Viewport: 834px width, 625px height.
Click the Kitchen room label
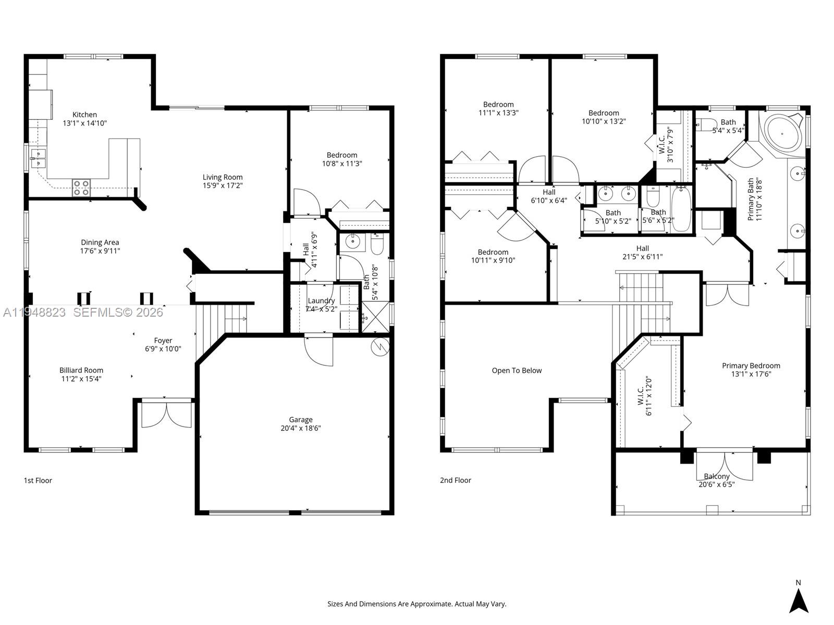coord(84,115)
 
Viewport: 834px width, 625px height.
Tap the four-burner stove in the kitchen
coord(81,187)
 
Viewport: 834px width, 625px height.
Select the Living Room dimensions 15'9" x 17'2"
coord(223,185)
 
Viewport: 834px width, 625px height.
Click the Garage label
coord(301,420)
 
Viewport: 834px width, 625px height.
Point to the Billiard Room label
coord(81,370)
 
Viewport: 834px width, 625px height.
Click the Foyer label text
coord(163,341)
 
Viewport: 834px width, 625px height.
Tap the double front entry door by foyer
coord(167,415)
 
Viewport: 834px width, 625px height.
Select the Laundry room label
coord(321,301)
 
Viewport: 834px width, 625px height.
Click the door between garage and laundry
coord(318,351)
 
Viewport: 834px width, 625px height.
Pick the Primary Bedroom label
coord(751,366)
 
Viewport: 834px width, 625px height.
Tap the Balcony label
coord(717,476)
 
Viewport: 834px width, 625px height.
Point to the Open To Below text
coord(517,371)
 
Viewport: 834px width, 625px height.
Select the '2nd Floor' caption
coord(455,480)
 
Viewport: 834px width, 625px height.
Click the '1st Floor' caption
coord(38,480)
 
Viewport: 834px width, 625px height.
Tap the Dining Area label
coord(100,242)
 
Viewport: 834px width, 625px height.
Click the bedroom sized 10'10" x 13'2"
coord(604,117)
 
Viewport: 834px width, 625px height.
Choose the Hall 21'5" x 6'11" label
coord(642,252)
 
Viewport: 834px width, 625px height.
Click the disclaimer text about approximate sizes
coord(416,604)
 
